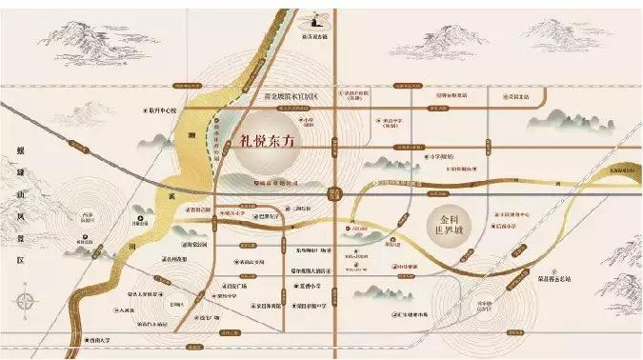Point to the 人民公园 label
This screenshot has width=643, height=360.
coord(359,229)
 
